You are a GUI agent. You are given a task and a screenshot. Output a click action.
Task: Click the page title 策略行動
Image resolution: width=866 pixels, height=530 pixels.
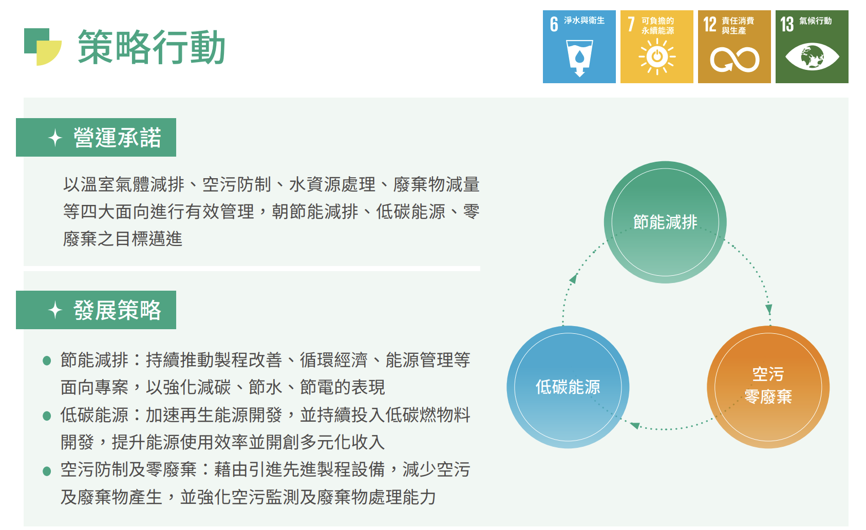click(x=151, y=47)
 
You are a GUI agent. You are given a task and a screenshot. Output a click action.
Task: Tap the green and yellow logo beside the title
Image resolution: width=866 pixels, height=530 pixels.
click(x=43, y=47)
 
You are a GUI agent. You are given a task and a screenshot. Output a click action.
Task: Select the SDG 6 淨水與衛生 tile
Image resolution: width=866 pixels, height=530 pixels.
click(x=579, y=47)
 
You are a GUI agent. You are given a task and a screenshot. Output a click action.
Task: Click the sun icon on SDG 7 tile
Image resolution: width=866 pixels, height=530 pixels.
click(x=657, y=57)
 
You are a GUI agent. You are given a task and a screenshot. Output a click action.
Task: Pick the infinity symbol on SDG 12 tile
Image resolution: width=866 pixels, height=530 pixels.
click(x=735, y=60)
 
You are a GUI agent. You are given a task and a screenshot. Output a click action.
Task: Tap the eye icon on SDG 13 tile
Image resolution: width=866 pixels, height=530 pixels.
click(x=812, y=57)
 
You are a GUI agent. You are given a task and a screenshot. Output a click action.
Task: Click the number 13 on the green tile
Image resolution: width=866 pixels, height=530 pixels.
click(x=787, y=24)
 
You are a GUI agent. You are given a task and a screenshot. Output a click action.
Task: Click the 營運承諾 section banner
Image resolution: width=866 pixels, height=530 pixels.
click(x=96, y=137)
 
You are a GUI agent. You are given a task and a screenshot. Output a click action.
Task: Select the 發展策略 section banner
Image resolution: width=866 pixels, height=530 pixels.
click(x=96, y=310)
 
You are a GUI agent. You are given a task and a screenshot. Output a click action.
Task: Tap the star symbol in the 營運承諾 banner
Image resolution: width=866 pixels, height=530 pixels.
click(x=55, y=138)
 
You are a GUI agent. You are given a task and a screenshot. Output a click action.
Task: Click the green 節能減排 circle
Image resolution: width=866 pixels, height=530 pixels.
click(x=665, y=222)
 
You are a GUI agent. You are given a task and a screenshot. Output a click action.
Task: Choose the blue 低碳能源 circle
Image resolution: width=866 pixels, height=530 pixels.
click(x=568, y=387)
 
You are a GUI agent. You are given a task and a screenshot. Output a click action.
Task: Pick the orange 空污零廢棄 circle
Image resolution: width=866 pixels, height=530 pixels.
click(x=768, y=387)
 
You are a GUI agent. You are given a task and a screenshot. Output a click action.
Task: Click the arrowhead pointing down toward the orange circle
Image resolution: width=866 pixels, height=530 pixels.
click(x=768, y=309)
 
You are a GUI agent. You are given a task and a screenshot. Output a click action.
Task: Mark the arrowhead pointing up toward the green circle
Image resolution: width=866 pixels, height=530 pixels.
click(x=573, y=278)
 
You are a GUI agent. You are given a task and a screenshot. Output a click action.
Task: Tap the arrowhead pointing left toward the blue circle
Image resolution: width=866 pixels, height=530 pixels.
click(x=635, y=425)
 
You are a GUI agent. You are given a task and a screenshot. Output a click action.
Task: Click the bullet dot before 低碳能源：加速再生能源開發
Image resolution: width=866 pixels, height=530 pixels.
click(x=47, y=416)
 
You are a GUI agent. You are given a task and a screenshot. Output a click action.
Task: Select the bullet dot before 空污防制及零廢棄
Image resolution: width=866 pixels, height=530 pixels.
click(x=47, y=471)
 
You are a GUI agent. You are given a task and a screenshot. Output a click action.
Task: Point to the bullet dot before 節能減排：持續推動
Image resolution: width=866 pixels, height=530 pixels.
click(x=47, y=361)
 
